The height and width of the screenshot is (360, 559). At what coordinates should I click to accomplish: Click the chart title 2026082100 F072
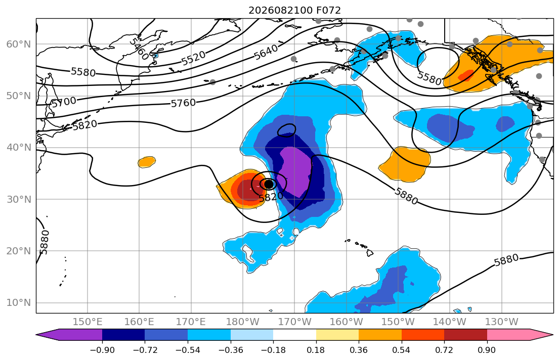click(294, 10)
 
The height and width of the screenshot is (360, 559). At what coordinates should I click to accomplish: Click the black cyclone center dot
click(269, 184)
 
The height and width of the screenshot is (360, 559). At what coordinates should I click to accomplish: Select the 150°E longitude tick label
click(88, 322)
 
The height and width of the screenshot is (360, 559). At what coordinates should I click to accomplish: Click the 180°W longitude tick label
click(243, 322)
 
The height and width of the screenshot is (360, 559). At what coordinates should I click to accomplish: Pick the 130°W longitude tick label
click(502, 322)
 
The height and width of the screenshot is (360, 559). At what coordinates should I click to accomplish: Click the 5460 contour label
click(138, 49)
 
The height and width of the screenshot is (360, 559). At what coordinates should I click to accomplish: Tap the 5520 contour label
click(194, 58)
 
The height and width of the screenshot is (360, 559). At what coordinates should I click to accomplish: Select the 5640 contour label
click(266, 52)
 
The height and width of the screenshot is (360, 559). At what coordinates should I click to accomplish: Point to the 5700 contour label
click(64, 102)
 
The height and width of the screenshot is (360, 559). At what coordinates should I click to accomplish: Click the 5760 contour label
click(183, 103)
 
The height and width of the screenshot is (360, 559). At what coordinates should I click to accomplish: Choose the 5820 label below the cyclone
click(271, 196)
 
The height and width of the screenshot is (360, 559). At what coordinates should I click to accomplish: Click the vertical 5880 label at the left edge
click(44, 242)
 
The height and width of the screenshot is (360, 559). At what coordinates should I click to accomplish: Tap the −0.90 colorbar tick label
click(102, 350)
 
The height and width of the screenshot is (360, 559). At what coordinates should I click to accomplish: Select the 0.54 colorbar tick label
click(402, 350)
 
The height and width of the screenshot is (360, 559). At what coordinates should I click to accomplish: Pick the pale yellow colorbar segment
click(337, 335)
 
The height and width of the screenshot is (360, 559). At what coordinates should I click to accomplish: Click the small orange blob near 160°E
click(147, 162)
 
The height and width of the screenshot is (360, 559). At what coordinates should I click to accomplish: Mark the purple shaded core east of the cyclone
click(296, 171)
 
